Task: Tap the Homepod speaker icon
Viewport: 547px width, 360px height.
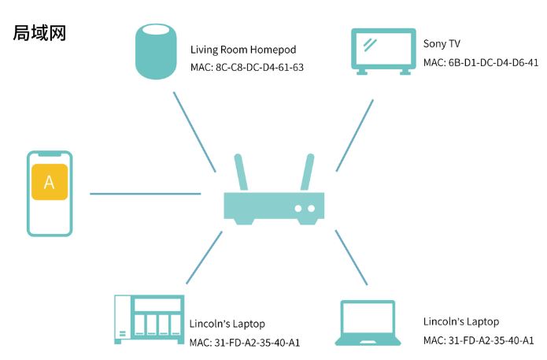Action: pos(156,52)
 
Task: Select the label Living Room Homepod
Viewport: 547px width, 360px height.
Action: pos(243,50)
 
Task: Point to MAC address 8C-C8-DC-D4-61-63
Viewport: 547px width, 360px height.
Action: pos(246,67)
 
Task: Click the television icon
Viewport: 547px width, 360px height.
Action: pos(383,51)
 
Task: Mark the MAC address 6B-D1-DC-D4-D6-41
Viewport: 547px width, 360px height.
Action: pos(480,62)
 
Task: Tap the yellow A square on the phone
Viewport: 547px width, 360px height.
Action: pos(50,182)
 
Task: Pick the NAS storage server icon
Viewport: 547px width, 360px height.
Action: pos(149,320)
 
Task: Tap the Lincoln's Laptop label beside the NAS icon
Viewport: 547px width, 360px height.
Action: pos(227,324)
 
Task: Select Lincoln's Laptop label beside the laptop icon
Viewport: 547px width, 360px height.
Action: pos(460,321)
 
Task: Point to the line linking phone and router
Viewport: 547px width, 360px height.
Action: pos(145,193)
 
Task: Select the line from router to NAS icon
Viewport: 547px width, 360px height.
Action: pos(203,258)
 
